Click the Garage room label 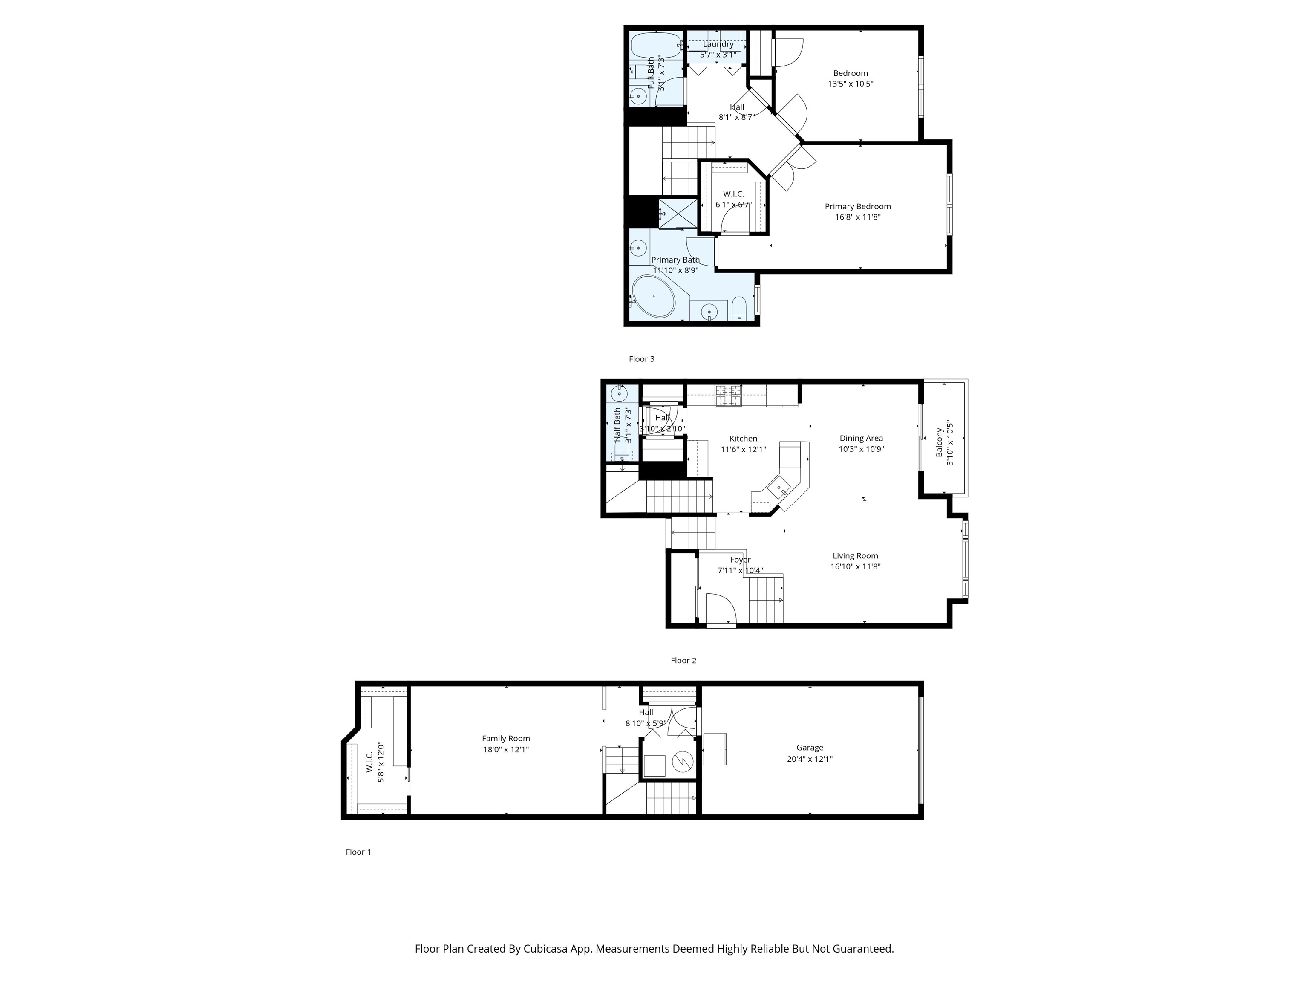(810, 748)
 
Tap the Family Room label (506, 738)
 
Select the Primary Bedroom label (857, 207)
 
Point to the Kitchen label (743, 439)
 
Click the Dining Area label (861, 439)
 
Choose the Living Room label (855, 556)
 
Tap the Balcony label (939, 443)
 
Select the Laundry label (718, 44)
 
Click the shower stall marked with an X (678, 213)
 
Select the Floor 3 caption (641, 359)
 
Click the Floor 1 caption (358, 852)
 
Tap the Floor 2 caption (683, 661)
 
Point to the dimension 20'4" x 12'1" (810, 759)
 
